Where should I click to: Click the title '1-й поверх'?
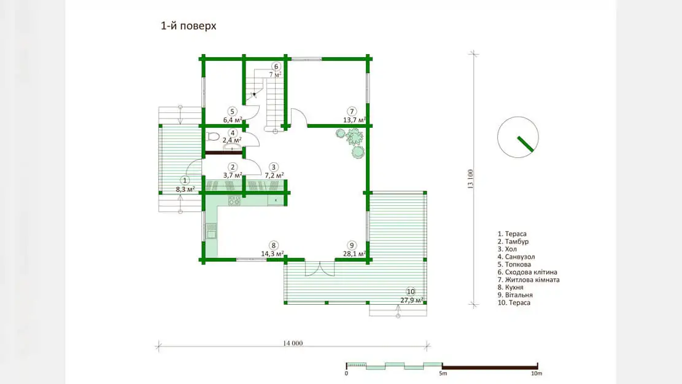(188, 26)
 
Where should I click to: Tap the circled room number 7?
(352, 111)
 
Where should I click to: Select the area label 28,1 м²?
(354, 253)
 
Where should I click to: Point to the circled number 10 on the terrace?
(411, 292)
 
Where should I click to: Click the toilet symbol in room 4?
(212, 136)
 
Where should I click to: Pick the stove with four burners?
(234, 200)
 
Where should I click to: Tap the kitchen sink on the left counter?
(211, 231)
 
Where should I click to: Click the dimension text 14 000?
(293, 343)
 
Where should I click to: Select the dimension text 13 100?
(470, 179)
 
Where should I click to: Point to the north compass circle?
(517, 137)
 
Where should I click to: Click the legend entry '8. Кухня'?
(511, 288)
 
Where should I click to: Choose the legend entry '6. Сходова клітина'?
(527, 272)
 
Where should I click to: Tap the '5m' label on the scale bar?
(443, 373)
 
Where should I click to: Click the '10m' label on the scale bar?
(537, 373)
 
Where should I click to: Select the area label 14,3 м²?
(273, 253)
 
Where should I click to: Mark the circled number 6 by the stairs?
(276, 66)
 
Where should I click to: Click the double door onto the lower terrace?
(320, 268)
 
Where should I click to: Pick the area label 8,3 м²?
(185, 189)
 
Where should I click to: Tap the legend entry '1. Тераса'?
(512, 234)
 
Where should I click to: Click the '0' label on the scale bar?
(346, 373)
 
